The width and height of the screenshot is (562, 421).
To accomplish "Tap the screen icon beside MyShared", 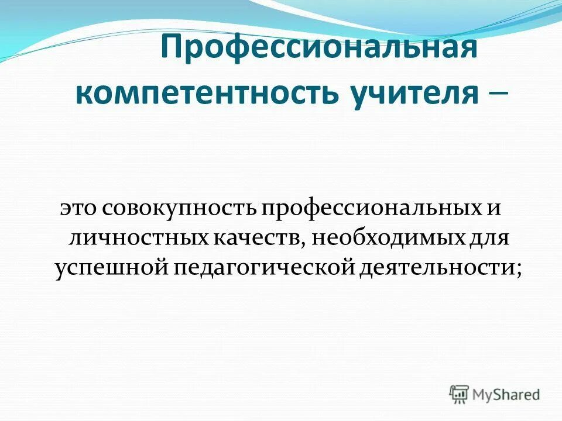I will pyautogui.click(x=460, y=394).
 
